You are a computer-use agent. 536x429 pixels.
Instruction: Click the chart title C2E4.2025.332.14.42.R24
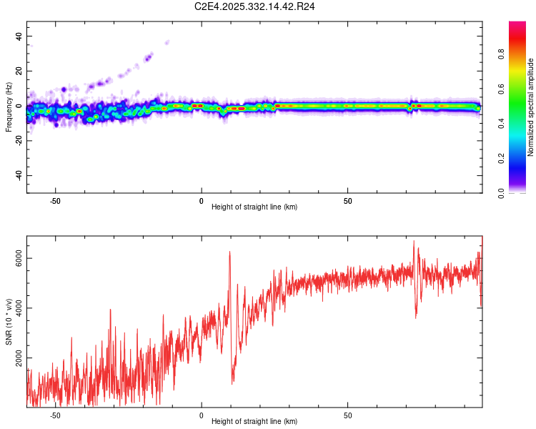[255, 6]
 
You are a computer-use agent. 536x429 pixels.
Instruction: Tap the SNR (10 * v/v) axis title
[9, 321]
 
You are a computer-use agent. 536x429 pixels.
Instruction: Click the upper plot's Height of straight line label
[254, 207]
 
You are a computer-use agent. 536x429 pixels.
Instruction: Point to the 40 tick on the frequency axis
[19, 36]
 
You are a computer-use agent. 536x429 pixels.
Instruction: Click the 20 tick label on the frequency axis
[19, 71]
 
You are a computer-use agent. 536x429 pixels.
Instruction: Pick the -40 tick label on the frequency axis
[19, 175]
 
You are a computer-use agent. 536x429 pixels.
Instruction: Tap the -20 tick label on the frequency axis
[19, 141]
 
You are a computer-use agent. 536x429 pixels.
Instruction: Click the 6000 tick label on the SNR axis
[19, 262]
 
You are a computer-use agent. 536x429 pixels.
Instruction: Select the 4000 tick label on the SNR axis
[19, 308]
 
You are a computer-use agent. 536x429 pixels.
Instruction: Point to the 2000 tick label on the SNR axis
[19, 355]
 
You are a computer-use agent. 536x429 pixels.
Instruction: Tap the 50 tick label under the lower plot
[347, 415]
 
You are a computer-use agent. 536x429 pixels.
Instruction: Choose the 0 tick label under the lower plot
[202, 415]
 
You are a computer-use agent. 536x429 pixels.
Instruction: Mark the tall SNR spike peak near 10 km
[229, 252]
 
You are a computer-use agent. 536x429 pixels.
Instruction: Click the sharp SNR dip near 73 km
[415, 317]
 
